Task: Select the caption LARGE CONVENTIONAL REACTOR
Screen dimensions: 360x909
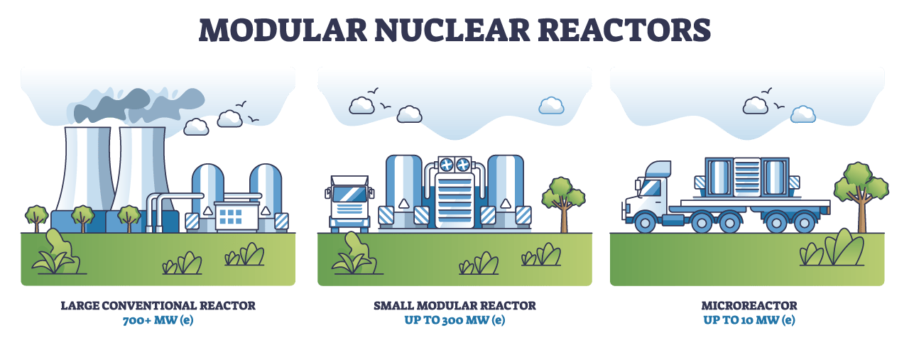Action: tap(158, 306)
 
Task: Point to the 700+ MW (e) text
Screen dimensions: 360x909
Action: tap(158, 320)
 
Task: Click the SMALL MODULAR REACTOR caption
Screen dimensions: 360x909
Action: tap(454, 306)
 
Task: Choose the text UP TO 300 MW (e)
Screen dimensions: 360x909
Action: tap(454, 320)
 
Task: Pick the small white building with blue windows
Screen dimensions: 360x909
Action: tap(236, 215)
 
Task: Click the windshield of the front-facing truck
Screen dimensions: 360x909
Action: tap(349, 194)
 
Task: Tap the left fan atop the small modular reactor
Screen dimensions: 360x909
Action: tap(447, 163)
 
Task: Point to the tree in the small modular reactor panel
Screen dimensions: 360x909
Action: tap(563, 199)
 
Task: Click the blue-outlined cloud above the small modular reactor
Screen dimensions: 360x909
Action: tap(551, 106)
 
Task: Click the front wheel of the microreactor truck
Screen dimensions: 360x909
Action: tap(645, 222)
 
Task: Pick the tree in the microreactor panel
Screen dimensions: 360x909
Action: tap(861, 192)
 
